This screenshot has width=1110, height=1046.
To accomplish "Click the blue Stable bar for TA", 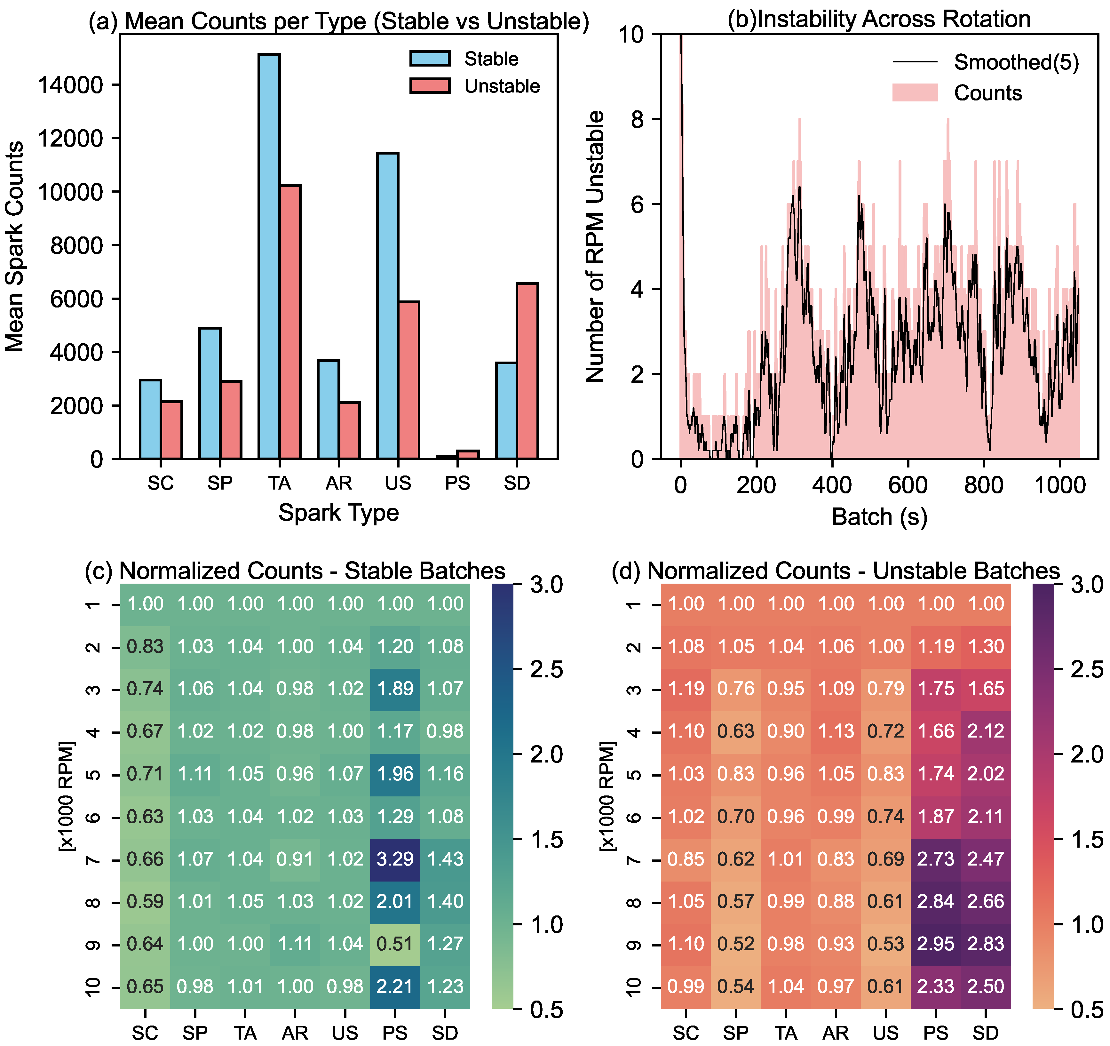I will click(x=269, y=257).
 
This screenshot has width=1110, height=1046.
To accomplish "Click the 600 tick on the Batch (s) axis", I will click(x=908, y=484).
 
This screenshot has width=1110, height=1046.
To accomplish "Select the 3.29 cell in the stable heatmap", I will click(x=395, y=859).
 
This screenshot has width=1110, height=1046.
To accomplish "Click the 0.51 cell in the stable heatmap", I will click(x=395, y=944).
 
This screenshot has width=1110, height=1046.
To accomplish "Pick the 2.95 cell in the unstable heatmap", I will click(x=936, y=944).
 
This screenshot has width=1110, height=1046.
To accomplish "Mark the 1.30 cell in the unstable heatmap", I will click(x=986, y=646).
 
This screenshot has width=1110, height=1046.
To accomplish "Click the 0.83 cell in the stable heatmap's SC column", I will click(x=145, y=646).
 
